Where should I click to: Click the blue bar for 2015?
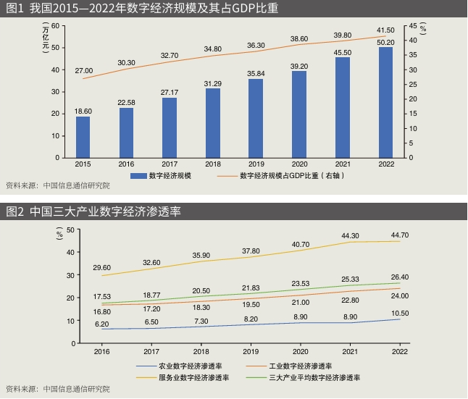click(83, 137)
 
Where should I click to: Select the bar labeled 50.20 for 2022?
click(386, 102)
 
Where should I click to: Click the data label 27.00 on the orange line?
click(83, 70)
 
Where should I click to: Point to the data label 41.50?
click(385, 30)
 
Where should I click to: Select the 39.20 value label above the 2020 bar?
click(299, 65)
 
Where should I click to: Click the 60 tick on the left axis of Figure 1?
click(55, 26)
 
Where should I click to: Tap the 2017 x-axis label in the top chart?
click(170, 164)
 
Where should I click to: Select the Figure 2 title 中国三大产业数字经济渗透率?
click(94, 211)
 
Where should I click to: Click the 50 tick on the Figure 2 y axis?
click(71, 230)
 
